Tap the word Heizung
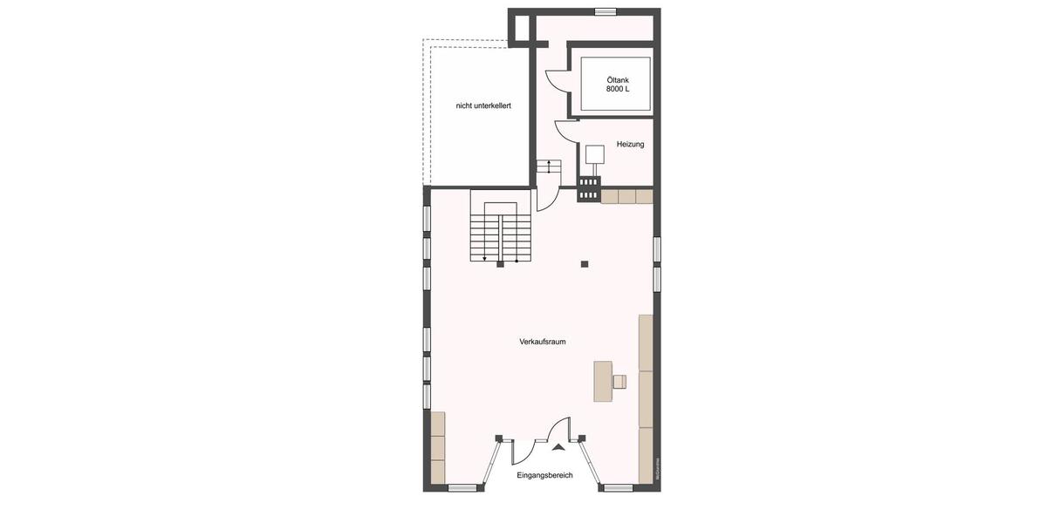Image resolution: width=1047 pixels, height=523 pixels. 630,144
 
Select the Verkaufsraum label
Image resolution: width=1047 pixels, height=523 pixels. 542,342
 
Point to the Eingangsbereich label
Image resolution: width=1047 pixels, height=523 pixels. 544,475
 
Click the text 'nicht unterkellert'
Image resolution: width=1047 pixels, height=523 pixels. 482,105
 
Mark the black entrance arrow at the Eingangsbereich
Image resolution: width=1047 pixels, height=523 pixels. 558,447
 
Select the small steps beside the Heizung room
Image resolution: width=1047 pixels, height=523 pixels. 548,166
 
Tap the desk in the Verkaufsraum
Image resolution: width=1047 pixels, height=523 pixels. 603,381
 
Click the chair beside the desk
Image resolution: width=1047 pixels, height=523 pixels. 619,381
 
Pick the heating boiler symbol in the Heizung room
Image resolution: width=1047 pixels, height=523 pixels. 595,154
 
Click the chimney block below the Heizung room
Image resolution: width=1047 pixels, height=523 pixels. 589,189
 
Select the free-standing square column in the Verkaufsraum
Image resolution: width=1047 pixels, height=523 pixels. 585,264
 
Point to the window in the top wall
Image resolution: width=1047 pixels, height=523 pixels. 606,11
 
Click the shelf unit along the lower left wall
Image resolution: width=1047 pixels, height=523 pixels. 437,447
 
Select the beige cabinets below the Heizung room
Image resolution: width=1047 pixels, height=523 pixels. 626,196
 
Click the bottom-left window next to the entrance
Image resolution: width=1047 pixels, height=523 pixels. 462,488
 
